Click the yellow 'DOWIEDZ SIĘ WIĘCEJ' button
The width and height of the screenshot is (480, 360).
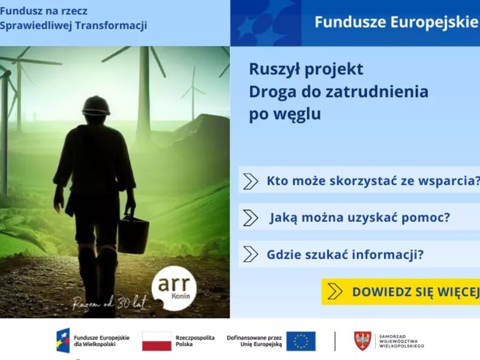point(401,292)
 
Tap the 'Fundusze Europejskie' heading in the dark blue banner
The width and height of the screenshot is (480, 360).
point(396,22)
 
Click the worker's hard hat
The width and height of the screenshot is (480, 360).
point(96,106)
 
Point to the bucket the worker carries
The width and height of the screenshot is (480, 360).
point(133,233)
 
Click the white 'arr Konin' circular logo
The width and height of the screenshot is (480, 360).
point(174,289)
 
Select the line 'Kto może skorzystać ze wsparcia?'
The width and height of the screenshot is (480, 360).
point(373,181)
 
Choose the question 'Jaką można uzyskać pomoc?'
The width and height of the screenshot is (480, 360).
point(359,218)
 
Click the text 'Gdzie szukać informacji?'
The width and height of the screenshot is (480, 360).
point(345,254)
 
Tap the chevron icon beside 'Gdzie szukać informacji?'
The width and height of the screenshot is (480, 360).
point(250,254)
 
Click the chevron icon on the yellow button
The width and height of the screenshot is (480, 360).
point(335,292)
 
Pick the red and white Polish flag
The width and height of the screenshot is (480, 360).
point(157,341)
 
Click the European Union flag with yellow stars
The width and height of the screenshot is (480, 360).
point(301,341)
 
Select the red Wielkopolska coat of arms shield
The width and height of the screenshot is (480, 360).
point(363,341)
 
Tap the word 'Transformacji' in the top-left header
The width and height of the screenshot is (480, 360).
point(111,25)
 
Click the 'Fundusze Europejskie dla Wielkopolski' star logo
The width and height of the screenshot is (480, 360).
point(63,340)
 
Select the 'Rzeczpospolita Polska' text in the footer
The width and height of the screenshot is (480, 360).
point(195,341)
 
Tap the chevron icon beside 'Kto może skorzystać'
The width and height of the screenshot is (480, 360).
point(250,181)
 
